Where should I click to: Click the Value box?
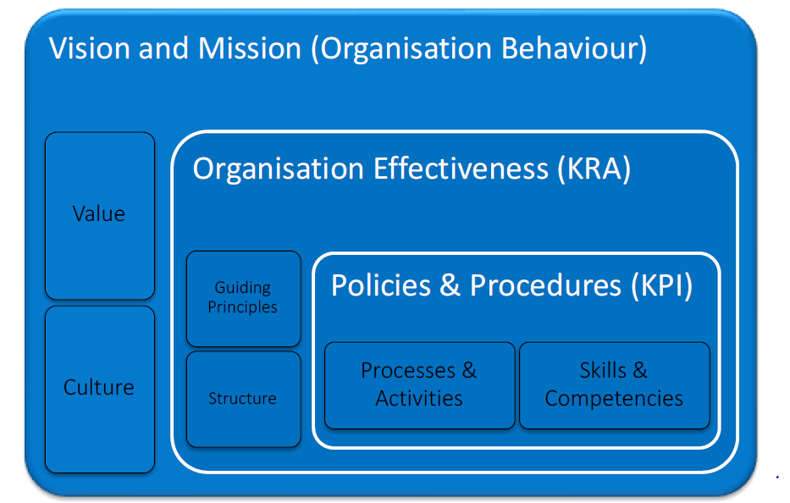pyautogui.click(x=100, y=216)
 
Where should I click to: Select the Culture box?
pyautogui.click(x=100, y=389)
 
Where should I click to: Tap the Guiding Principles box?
pyautogui.click(x=243, y=298)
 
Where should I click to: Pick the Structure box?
pyautogui.click(x=243, y=399)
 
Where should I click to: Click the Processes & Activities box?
pyautogui.click(x=419, y=385)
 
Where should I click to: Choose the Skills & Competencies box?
pyautogui.click(x=614, y=385)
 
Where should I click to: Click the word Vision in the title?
pyautogui.click(x=90, y=48)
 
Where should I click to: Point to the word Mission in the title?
pyautogui.click(x=250, y=48)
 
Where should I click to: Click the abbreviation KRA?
pyautogui.click(x=594, y=169)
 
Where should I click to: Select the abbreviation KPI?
pyautogui.click(x=662, y=285)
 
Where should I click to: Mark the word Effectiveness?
pyautogui.click(x=461, y=169)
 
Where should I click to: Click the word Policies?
pyautogui.click(x=381, y=285)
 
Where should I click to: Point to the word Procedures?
pyautogui.click(x=545, y=285)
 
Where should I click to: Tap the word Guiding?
pyautogui.click(x=242, y=288)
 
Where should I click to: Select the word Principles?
pyautogui.click(x=242, y=307)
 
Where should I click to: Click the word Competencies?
pyautogui.click(x=614, y=399)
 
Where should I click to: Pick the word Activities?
pyautogui.click(x=418, y=399)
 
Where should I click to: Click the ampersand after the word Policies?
pyautogui.click(x=450, y=285)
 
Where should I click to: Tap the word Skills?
pyautogui.click(x=603, y=370)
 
